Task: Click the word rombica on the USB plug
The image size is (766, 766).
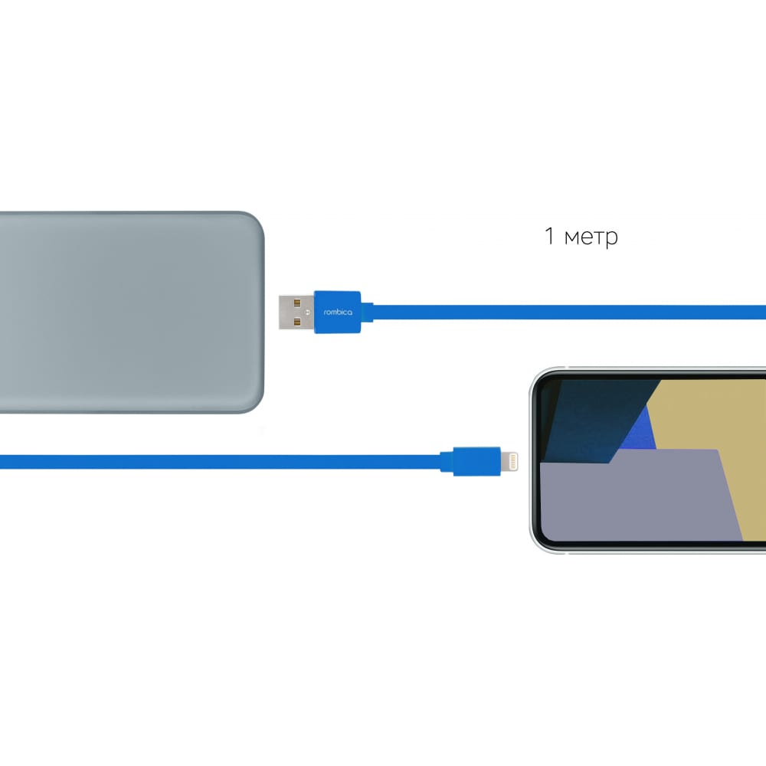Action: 338,313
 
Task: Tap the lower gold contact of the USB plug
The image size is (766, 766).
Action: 297,322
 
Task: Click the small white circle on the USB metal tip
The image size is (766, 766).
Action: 308,313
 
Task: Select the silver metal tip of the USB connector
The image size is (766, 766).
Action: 296,313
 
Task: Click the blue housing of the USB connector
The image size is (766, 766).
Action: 338,313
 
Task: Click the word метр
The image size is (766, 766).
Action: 591,238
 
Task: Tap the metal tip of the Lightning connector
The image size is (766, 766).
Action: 509,460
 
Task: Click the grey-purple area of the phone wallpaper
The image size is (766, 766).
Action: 635,499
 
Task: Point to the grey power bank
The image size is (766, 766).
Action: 131,313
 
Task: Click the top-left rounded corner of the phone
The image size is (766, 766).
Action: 537,375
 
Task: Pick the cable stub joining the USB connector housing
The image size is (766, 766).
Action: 368,313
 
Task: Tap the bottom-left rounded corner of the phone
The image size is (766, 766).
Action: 537,545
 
